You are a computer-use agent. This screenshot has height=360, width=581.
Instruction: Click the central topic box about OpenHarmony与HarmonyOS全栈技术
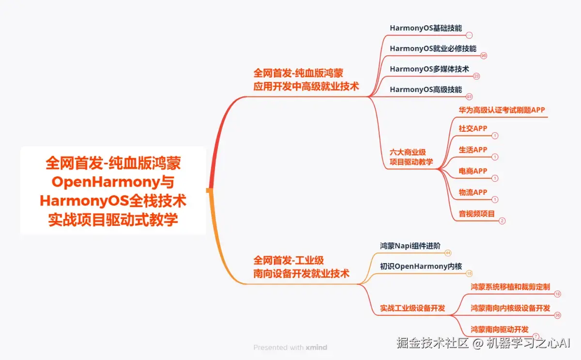pos(113,190)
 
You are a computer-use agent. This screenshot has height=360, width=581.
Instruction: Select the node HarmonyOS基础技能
pos(426,28)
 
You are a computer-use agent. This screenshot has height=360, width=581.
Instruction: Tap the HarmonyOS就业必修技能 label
pos(433,48)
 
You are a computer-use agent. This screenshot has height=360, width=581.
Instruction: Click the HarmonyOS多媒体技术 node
pos(429,69)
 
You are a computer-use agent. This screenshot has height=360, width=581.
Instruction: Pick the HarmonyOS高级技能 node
pos(426,90)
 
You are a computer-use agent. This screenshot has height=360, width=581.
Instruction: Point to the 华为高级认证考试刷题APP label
pos(502,110)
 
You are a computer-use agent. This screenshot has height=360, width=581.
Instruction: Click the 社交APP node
pos(473,128)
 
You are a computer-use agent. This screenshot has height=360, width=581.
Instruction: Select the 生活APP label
pos(473,150)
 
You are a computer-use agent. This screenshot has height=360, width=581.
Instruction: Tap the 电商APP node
pos(473,171)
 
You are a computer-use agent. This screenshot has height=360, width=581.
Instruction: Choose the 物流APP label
pos(473,192)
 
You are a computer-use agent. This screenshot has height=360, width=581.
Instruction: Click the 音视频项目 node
pos(476,213)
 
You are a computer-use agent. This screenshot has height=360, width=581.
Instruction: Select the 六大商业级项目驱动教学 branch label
pos(411,157)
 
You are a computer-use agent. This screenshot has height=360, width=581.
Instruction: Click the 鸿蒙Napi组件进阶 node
pos(410,245)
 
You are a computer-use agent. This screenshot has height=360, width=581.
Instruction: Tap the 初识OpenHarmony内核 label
pos(421,266)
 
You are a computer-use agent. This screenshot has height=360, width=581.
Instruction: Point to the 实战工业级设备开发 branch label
pos(412,308)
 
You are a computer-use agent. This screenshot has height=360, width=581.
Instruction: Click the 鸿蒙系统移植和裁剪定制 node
pos(510,287)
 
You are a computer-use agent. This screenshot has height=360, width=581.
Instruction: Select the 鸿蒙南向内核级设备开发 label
pos(510,308)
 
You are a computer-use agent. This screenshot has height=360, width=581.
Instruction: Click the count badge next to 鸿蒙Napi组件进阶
pos(448,253)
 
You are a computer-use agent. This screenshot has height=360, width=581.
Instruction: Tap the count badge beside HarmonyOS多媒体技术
pos(476,77)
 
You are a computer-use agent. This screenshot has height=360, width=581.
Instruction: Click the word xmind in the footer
pos(316,347)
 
